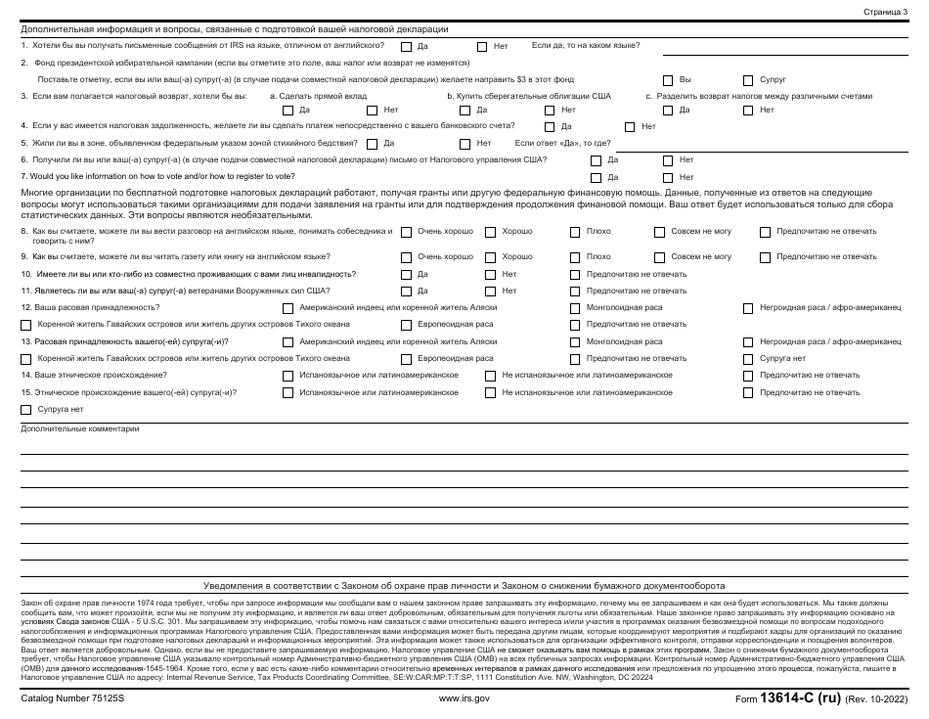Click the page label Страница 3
tap(885, 11)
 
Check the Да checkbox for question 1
tap(407, 46)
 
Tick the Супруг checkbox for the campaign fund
tap(749, 79)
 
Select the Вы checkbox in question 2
tap(668, 79)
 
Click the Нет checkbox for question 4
tap(630, 126)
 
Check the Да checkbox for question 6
tap(596, 159)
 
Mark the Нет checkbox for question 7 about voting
tap(668, 177)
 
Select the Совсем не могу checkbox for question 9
tap(659, 256)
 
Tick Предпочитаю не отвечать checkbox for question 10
tap(576, 274)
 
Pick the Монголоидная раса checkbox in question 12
tap(576, 307)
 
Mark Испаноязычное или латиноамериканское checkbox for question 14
tap(288, 375)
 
